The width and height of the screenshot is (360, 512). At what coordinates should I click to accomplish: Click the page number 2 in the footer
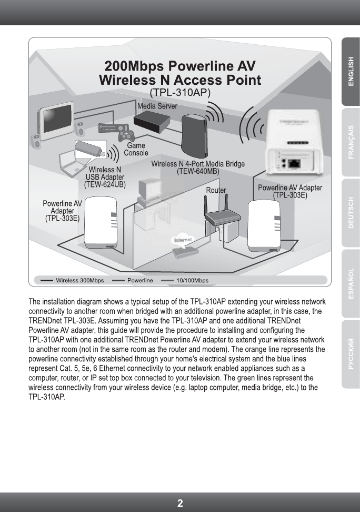pos(180,503)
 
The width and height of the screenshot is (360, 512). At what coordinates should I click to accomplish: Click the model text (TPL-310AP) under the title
pos(180,92)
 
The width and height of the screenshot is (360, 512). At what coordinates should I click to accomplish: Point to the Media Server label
pos(157,106)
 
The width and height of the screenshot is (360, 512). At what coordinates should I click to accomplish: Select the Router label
pos(216,190)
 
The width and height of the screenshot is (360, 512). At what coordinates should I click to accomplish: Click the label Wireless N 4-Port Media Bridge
pos(198,164)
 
